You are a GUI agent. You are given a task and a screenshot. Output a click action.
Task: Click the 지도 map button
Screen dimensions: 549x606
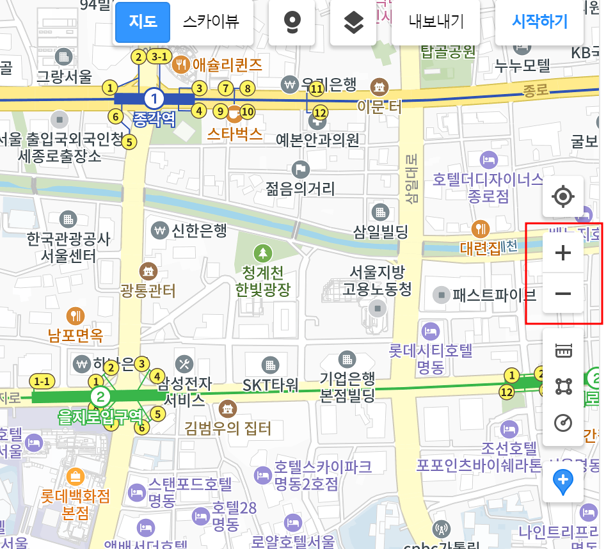[143, 22]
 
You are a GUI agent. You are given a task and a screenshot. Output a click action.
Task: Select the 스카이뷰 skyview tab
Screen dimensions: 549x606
[211, 22]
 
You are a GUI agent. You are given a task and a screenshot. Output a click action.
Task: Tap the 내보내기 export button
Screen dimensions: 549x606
[436, 22]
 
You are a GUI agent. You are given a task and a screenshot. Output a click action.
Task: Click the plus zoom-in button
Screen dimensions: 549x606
[563, 253]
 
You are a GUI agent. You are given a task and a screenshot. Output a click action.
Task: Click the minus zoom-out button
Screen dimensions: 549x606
[563, 294]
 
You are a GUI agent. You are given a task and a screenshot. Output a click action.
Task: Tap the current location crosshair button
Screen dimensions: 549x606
[563, 196]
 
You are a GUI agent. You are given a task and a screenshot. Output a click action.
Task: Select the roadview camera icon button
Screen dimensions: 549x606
[292, 22]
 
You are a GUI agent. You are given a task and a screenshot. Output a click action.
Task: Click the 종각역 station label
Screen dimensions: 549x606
[154, 119]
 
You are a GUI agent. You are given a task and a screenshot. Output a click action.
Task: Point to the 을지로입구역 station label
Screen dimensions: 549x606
[101, 417]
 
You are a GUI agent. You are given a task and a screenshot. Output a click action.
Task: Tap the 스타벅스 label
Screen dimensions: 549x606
[235, 134]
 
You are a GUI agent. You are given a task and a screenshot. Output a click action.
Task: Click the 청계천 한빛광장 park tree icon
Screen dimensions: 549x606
[262, 252]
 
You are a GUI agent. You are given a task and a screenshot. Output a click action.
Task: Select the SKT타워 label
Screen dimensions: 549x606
[271, 385]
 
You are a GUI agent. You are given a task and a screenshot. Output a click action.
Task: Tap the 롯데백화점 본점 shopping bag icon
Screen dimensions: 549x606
[75, 477]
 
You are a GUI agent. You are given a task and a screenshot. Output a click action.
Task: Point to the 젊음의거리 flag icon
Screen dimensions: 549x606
[300, 170]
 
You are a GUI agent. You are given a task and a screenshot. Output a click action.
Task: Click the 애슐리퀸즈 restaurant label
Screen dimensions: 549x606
[227, 64]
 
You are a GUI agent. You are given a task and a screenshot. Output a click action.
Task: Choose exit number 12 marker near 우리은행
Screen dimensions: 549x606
[320, 113]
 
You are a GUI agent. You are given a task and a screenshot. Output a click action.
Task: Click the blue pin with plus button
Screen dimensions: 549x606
[563, 481]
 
